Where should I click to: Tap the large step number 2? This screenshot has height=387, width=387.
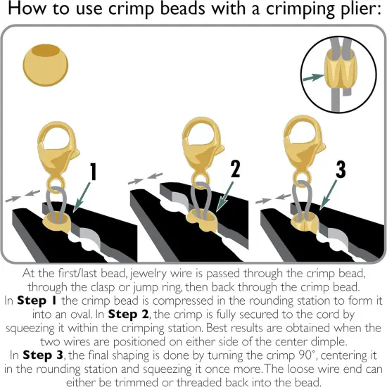pos(235,169)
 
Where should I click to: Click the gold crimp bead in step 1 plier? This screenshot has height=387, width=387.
pos(57,224)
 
